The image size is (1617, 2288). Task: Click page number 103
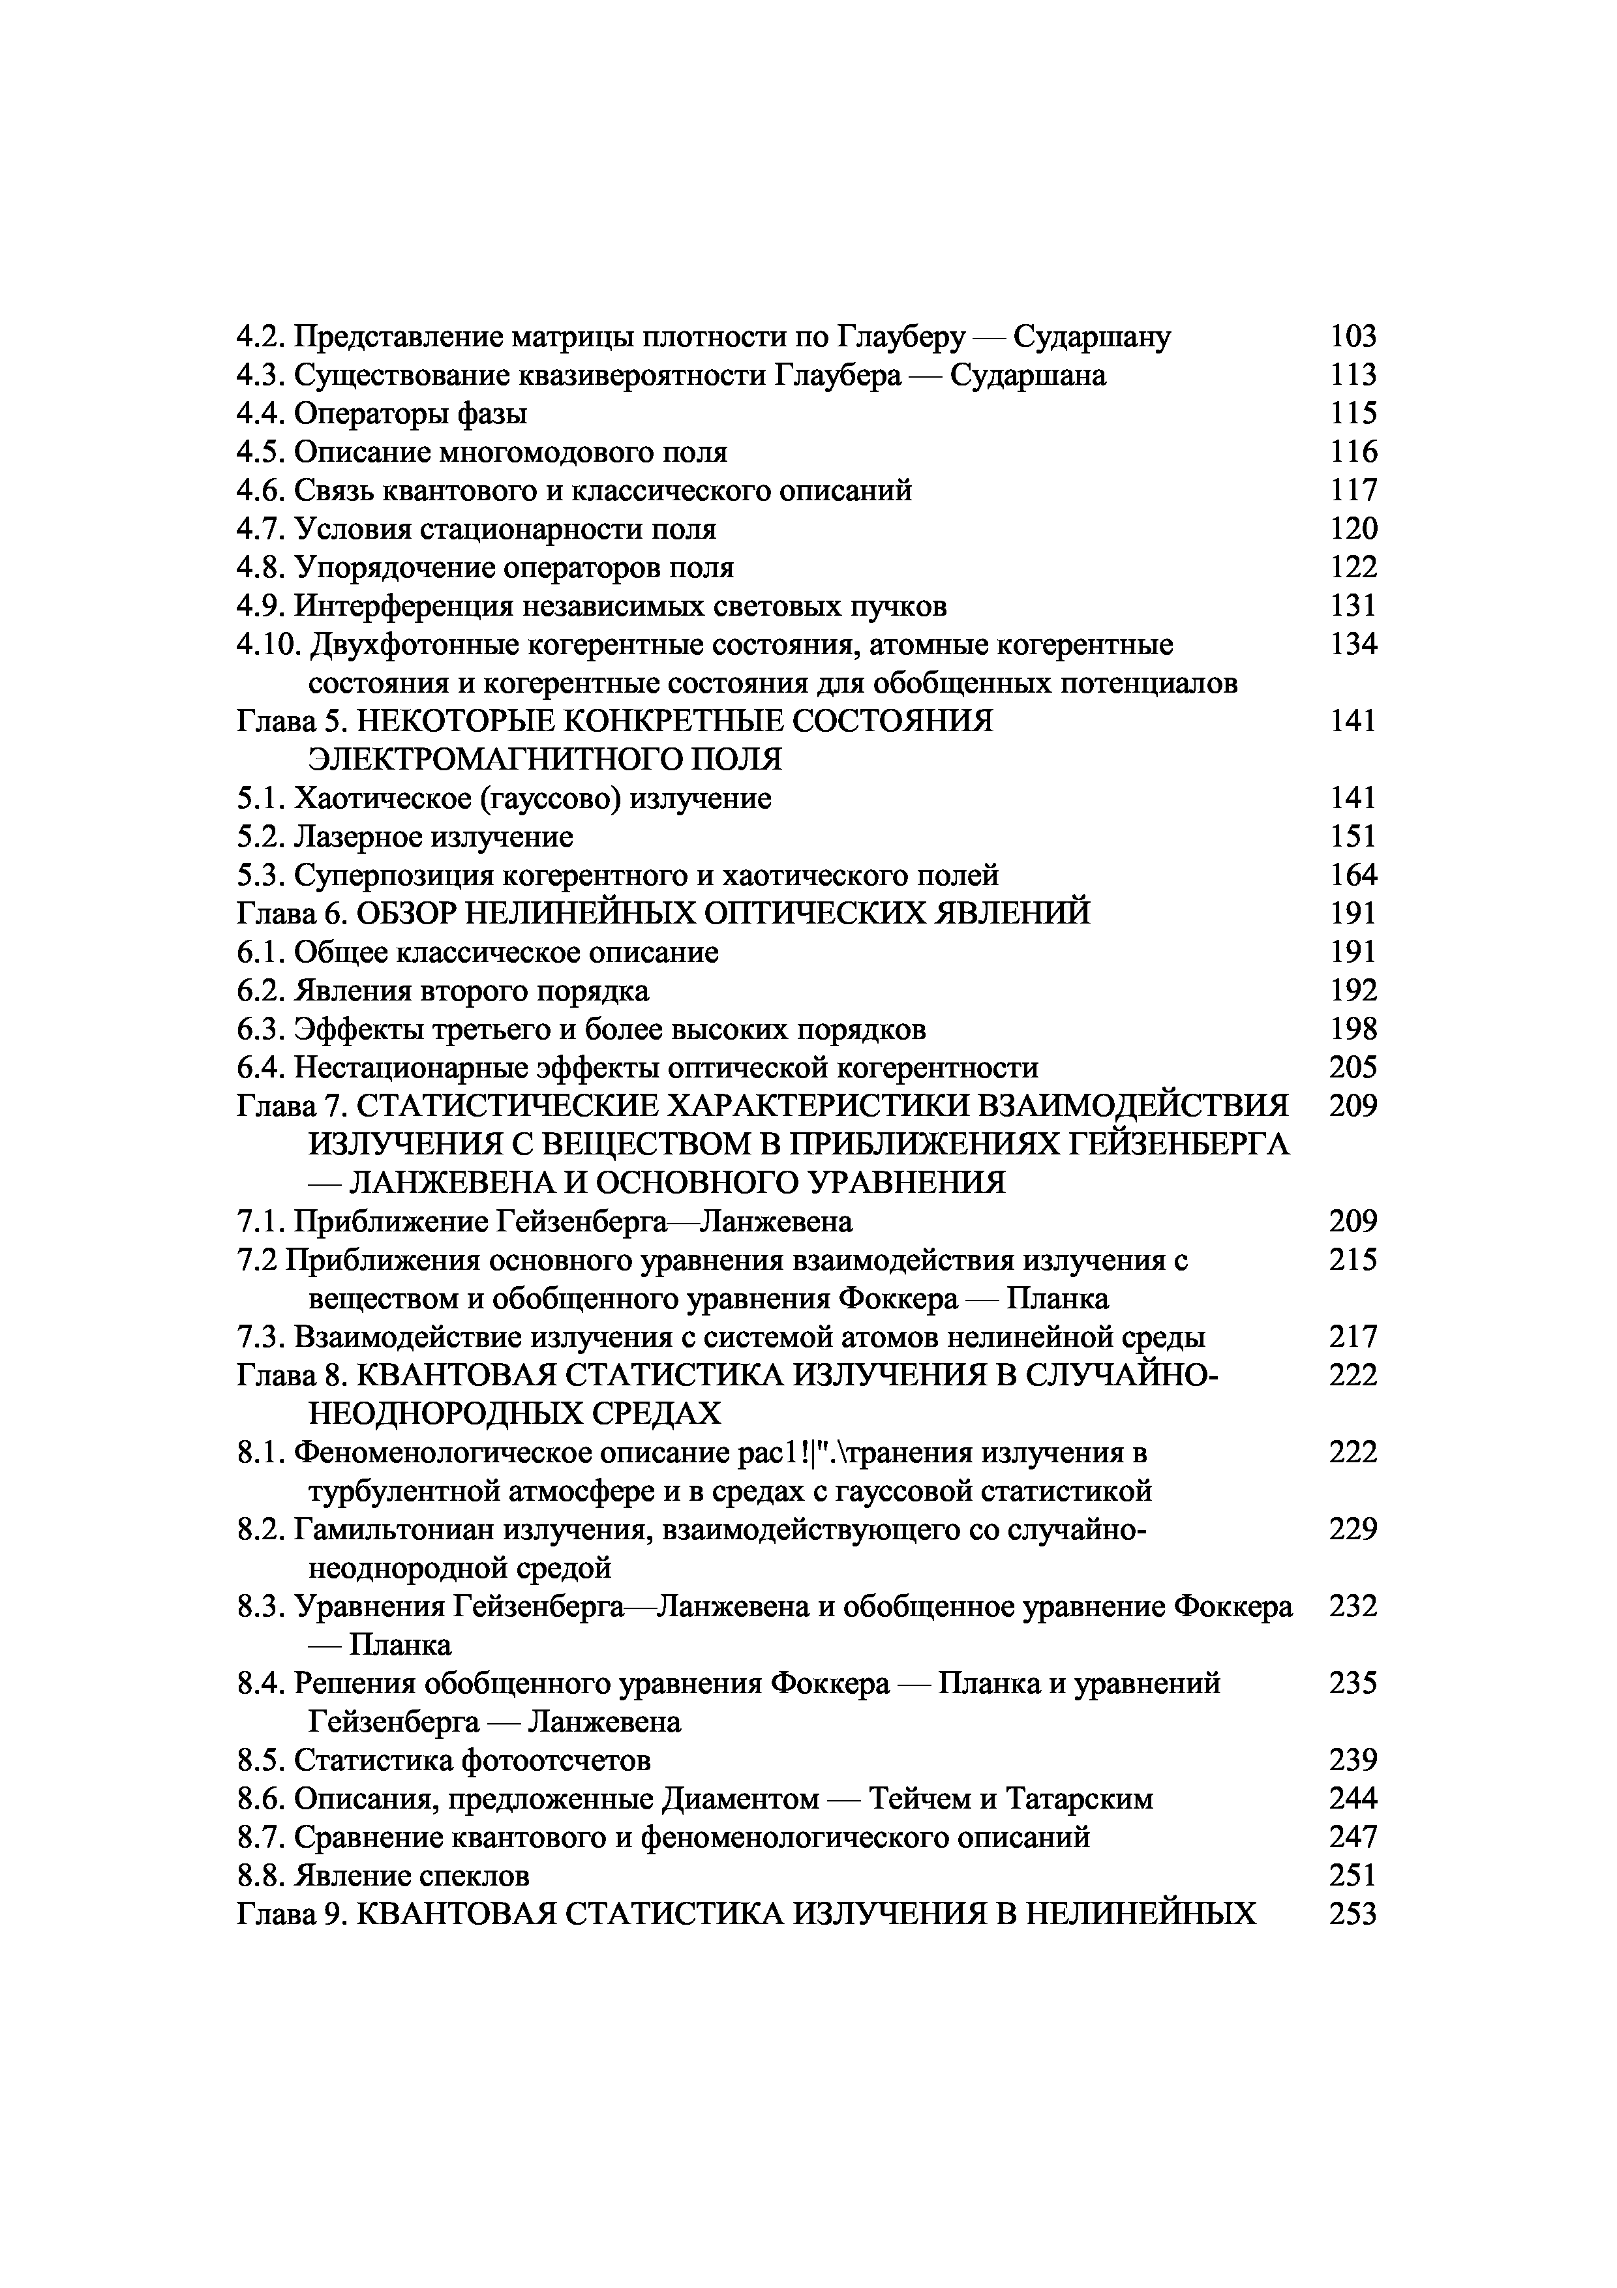tap(1353, 337)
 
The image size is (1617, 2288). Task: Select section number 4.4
tap(262, 414)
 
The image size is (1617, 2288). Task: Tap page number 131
tap(1353, 606)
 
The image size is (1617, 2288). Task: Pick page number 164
tap(1353, 875)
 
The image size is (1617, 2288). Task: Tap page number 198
tap(1353, 1029)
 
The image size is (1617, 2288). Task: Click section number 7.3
tap(262, 1337)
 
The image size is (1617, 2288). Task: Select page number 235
tap(1353, 1683)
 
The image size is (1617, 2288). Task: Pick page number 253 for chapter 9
tap(1353, 1914)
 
